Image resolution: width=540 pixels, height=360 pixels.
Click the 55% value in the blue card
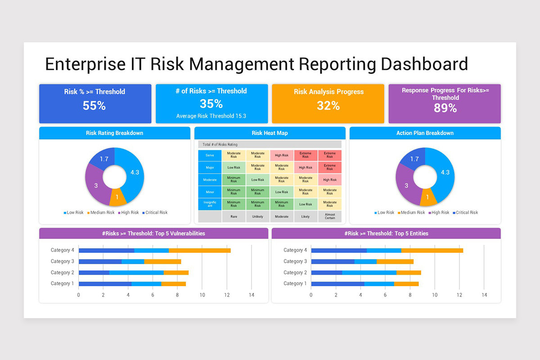click(x=94, y=106)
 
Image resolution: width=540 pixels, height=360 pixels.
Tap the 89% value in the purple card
click(x=445, y=108)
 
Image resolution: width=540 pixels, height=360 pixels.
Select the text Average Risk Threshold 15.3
click(x=211, y=116)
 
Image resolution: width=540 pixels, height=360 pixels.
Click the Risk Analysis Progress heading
click(x=328, y=92)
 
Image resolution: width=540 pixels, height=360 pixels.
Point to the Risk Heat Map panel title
click(x=270, y=133)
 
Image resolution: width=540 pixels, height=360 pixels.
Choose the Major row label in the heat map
click(x=210, y=167)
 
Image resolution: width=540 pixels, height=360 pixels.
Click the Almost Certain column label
click(x=329, y=216)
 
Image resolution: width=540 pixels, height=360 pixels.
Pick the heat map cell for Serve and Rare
click(x=234, y=155)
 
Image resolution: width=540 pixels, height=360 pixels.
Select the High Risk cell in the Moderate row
click(x=329, y=180)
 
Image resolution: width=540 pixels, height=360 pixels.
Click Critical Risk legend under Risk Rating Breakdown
click(x=155, y=212)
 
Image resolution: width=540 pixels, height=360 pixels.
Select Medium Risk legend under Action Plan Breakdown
click(x=411, y=212)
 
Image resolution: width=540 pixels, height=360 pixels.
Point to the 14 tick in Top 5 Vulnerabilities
click(x=251, y=295)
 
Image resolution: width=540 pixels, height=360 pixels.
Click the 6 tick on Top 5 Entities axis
click(x=385, y=295)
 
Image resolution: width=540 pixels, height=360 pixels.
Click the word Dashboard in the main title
click(x=424, y=64)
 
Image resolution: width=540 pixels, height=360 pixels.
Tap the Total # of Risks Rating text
click(x=220, y=144)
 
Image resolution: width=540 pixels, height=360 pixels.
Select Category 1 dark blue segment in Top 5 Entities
click(x=337, y=283)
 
